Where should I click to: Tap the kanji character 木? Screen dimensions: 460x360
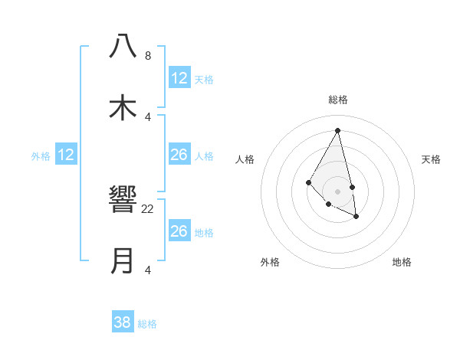(x=123, y=106)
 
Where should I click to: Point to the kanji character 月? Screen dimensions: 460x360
(x=123, y=260)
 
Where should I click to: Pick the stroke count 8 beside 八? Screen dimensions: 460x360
(x=148, y=56)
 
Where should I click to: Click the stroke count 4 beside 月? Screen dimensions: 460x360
(x=148, y=270)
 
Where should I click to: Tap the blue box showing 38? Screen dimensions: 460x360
(x=123, y=322)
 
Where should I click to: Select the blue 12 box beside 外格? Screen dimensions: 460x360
(x=66, y=155)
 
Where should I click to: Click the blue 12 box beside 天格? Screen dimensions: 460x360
(x=179, y=78)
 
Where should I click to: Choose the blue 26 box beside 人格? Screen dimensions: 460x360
(x=179, y=155)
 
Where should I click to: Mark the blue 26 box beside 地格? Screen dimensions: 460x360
(x=179, y=231)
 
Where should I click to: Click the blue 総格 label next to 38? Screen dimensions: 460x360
(x=147, y=324)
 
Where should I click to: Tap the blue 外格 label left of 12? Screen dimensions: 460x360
(x=41, y=156)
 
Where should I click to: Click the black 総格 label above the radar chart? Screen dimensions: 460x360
(x=338, y=100)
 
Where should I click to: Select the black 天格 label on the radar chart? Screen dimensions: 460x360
(x=432, y=159)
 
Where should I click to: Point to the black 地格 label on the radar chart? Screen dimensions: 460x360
(x=402, y=262)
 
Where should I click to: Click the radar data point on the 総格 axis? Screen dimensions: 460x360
(x=338, y=131)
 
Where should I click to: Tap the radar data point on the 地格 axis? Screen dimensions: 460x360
(x=356, y=217)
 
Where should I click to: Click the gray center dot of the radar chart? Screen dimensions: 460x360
(x=338, y=191)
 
